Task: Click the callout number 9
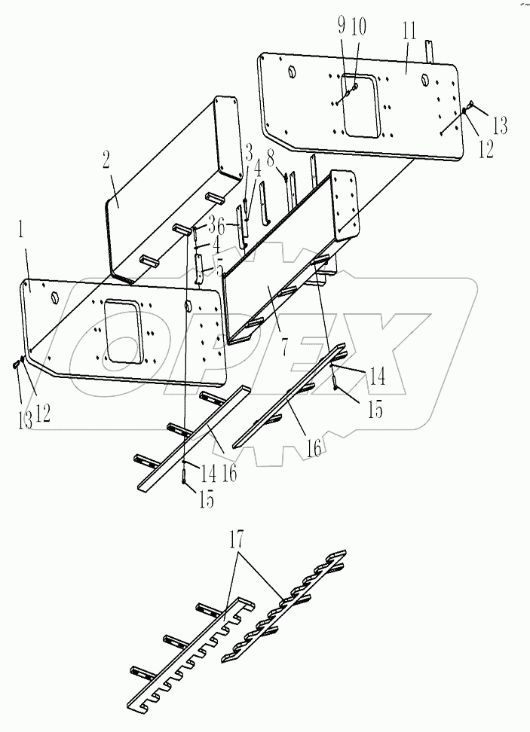(341, 27)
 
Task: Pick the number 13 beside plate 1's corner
(26, 419)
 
